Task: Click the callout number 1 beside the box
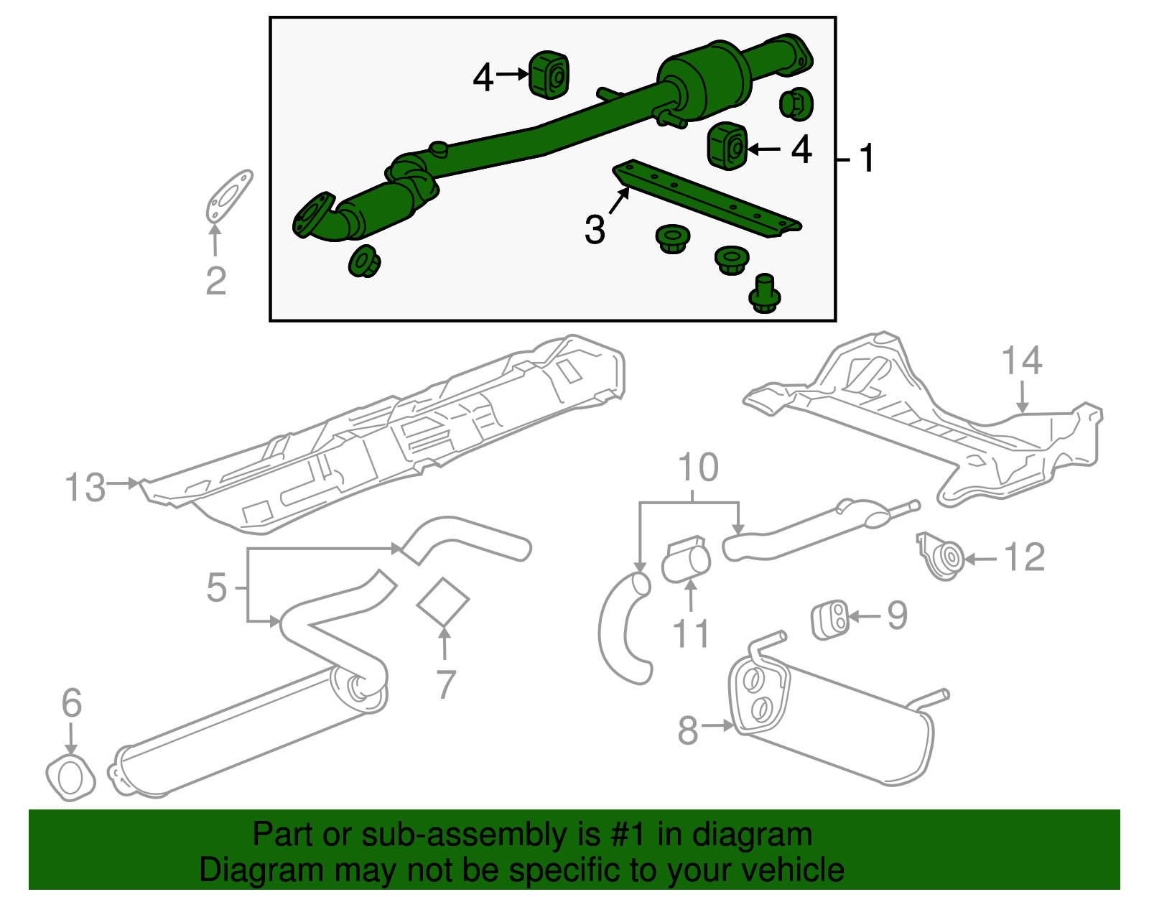(x=867, y=158)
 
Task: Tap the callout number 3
(x=595, y=230)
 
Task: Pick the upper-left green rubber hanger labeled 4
(x=549, y=75)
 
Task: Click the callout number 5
(x=216, y=587)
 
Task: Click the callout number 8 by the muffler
(x=687, y=731)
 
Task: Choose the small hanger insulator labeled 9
(x=830, y=621)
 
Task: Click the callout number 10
(x=698, y=468)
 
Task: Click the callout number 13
(x=85, y=488)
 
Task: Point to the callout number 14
(x=1021, y=361)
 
